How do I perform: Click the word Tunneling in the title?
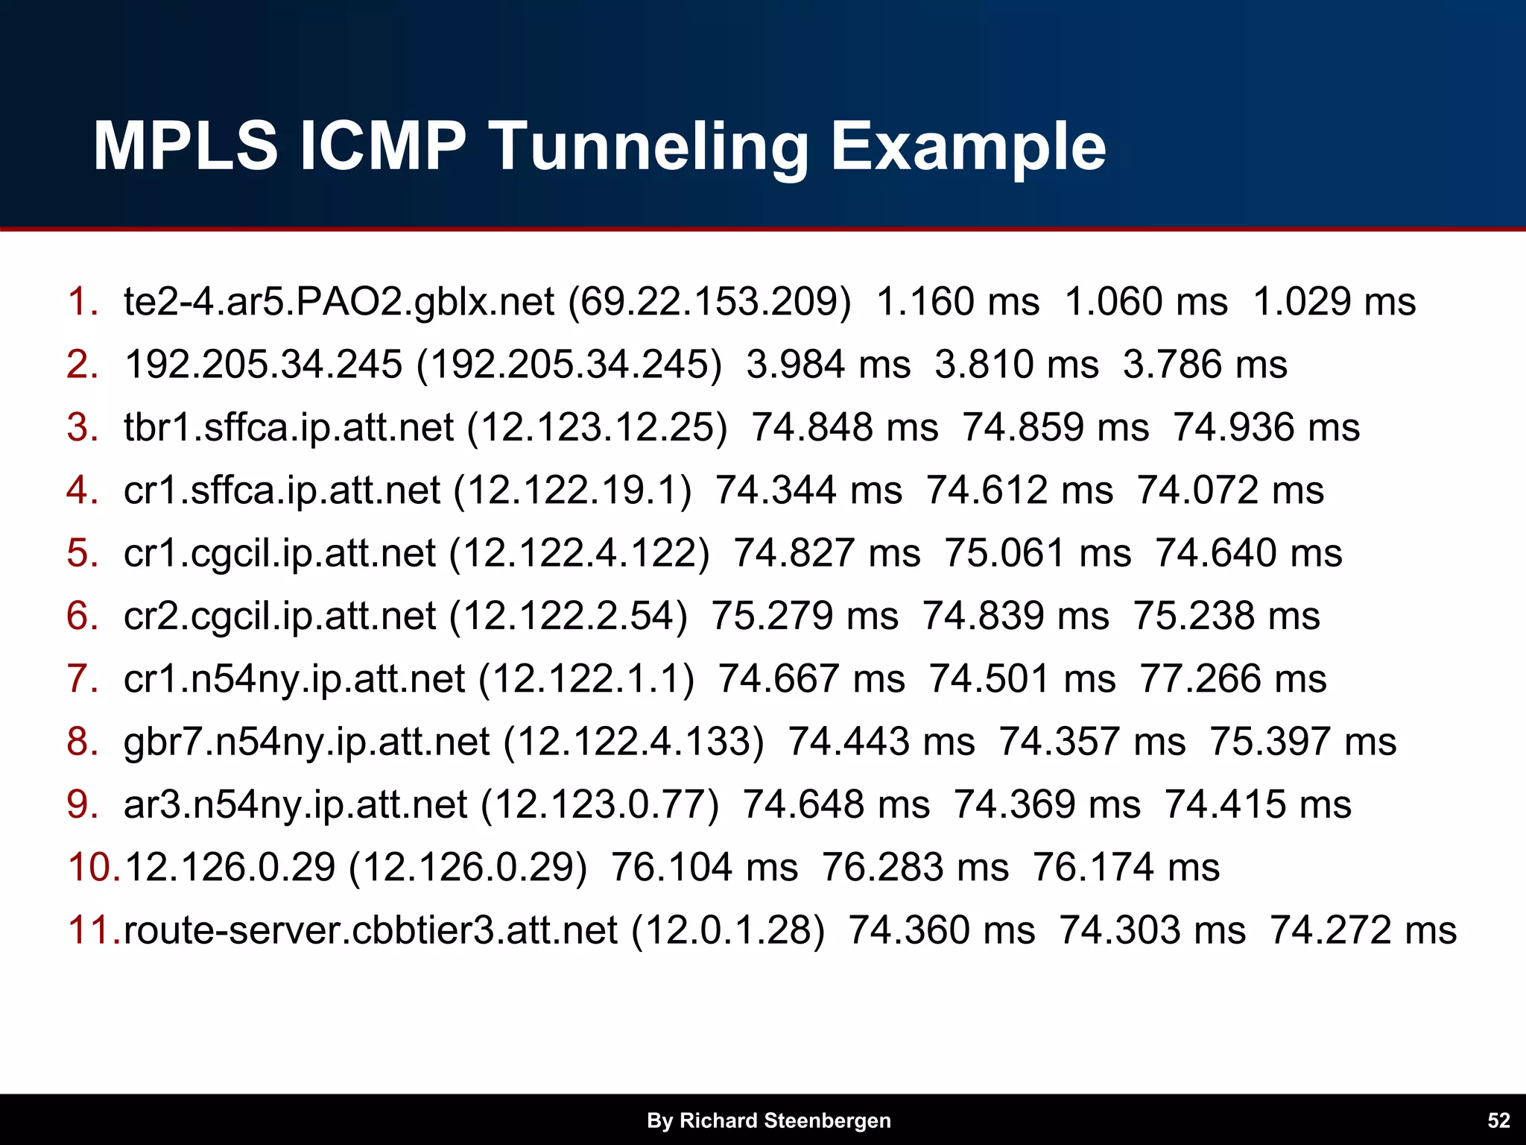[x=650, y=147]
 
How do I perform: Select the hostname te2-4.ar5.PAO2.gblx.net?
[x=339, y=302]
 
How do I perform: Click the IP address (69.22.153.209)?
[x=709, y=302]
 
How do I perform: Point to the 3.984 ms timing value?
[x=829, y=365]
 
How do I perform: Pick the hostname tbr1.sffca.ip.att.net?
[x=288, y=428]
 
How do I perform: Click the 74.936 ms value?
[x=1267, y=428]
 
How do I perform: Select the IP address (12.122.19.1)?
[x=572, y=491]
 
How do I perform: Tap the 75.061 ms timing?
[x=1038, y=553]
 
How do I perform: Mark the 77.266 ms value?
[x=1233, y=679]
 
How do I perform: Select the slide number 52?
[x=1498, y=1120]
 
